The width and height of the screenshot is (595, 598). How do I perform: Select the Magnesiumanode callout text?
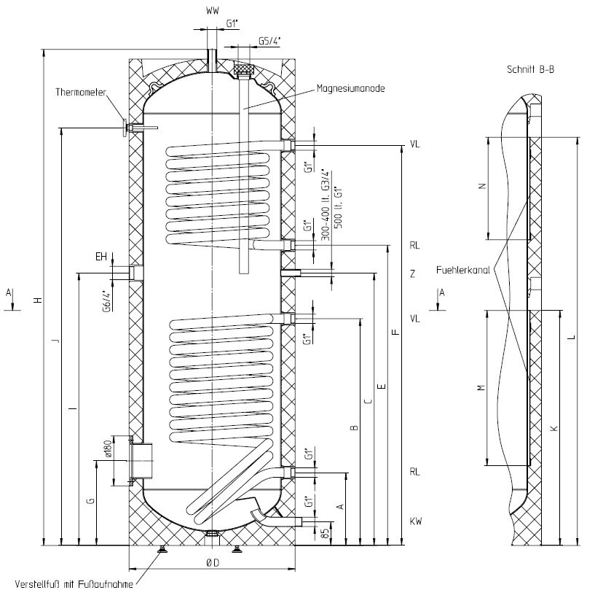350,89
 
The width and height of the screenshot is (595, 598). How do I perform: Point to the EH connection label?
101,257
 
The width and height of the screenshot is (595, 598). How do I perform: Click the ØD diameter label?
212,562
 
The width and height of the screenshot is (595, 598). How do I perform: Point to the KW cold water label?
415,521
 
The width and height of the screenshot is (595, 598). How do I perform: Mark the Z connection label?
412,274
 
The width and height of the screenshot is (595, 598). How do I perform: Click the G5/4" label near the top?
268,42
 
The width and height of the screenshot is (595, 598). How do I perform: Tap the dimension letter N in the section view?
481,187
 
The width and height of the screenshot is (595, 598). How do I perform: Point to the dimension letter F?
394,333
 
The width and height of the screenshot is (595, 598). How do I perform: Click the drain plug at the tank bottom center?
211,533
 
